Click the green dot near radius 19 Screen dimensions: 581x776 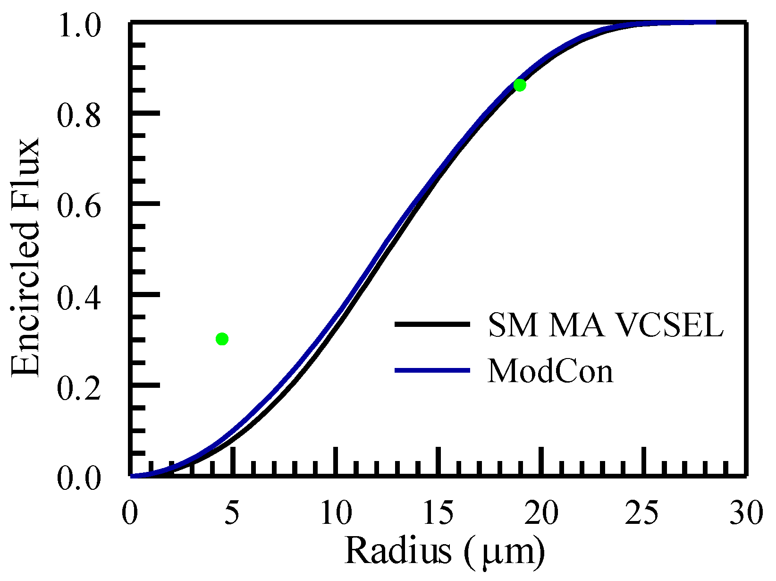point(520,85)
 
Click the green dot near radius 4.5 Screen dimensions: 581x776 point(222,339)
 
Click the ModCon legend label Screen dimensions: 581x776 point(550,371)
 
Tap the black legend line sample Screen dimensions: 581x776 point(432,324)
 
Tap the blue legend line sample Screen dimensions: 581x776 point(432,370)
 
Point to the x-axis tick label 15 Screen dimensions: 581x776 point(439,513)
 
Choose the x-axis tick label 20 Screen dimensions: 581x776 point(542,513)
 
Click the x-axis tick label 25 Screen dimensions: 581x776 point(643,513)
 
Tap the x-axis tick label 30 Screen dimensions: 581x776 point(746,513)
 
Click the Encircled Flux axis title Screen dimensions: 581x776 point(26,257)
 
